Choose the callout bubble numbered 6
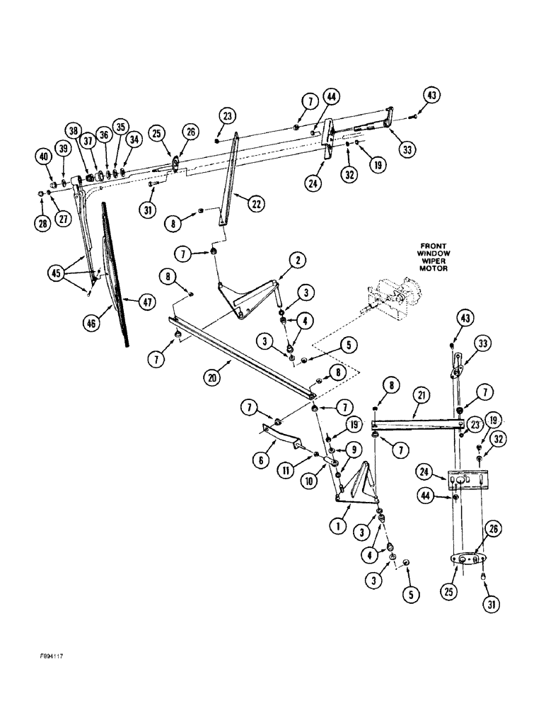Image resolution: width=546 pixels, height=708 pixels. [260, 458]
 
